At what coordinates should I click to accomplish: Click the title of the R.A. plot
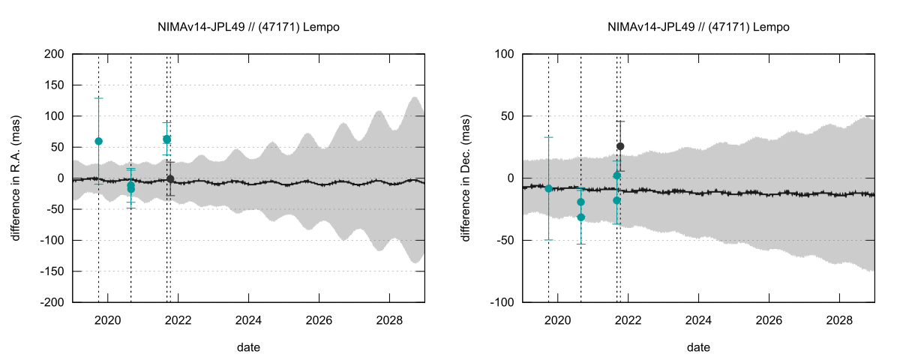point(248,27)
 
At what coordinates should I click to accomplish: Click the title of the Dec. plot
point(698,27)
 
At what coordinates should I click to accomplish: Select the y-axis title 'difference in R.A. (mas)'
point(16,178)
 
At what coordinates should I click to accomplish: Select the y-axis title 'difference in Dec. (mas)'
point(466,178)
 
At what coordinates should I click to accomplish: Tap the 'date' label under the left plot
point(248,347)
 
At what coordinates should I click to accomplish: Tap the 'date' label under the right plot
point(698,347)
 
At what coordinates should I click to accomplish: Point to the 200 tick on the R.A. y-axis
point(54,54)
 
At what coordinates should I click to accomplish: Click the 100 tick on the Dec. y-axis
point(504,54)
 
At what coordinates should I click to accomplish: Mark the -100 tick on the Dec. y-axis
point(501,302)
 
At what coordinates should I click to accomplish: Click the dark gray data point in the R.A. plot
point(170,178)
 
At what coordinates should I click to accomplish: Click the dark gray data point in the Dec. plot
point(620,146)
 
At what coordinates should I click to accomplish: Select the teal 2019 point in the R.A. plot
point(98,141)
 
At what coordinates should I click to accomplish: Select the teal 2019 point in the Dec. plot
point(548,188)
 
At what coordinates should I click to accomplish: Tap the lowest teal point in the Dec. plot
point(580,217)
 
